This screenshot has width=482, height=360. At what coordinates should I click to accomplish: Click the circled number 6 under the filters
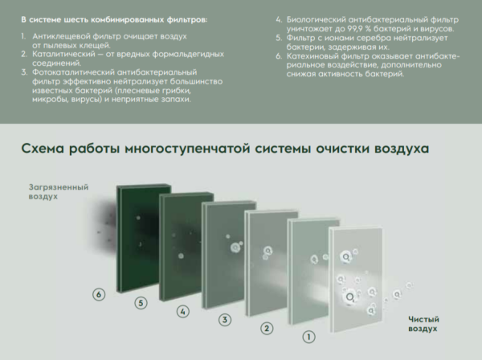(99, 295)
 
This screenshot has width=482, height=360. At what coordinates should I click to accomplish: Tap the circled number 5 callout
(141, 303)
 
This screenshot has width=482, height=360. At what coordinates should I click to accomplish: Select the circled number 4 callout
(182, 311)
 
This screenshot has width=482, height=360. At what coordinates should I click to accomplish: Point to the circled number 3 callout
(225, 320)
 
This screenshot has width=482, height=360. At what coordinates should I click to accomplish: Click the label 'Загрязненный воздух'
(58, 191)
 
